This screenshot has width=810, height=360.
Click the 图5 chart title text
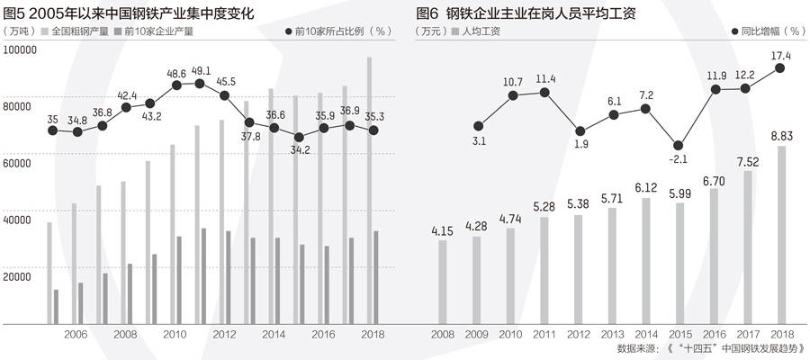coord(130,14)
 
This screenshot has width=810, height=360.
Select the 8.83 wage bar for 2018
coord(782,234)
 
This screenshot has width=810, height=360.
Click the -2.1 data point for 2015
coord(679,146)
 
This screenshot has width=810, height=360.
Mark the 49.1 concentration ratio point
coord(200,84)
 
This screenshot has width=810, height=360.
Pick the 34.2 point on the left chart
coord(299,137)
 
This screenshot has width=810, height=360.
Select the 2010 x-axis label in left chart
coord(175,334)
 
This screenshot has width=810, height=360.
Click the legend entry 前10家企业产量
coord(156,31)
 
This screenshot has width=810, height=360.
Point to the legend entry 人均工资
coord(480,31)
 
